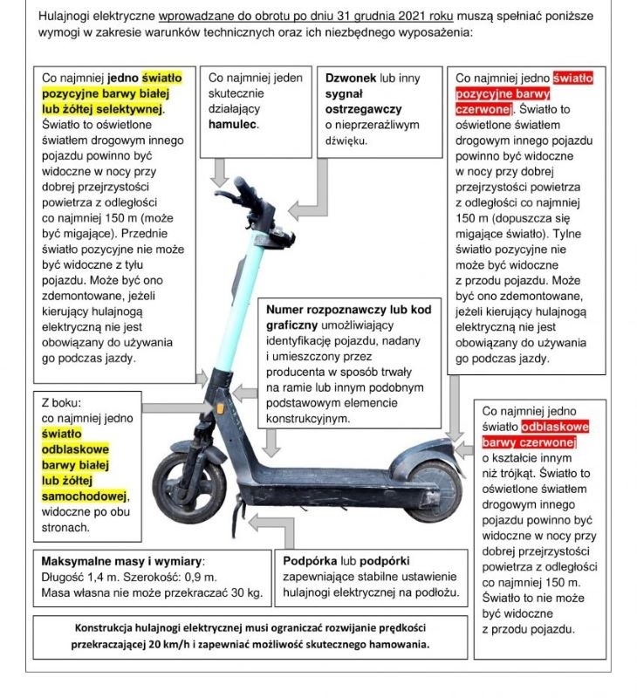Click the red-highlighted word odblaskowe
555,427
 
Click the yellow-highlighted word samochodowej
85,496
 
